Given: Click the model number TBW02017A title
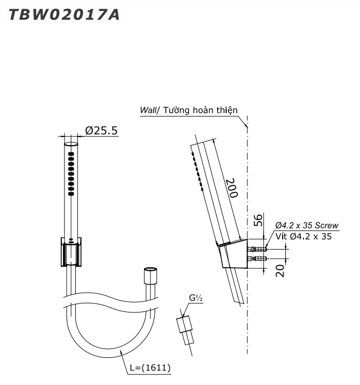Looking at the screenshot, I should (64, 14).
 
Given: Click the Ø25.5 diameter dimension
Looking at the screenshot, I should (101, 131).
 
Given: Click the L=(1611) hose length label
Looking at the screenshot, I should (150, 367).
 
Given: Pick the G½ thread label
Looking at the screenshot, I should (195, 299).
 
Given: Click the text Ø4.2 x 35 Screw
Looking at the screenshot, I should (307, 226).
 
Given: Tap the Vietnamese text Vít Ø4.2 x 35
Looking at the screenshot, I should (303, 236).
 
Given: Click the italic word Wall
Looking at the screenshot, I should (148, 110).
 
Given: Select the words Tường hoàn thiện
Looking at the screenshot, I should (200, 110).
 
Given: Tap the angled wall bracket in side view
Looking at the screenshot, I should (233, 255).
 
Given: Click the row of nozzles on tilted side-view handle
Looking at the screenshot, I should (196, 170).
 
